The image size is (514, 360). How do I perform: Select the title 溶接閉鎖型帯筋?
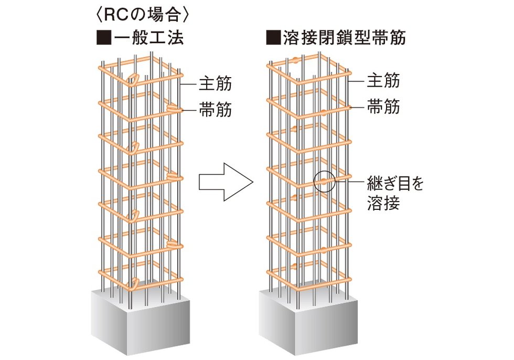coord(343,38)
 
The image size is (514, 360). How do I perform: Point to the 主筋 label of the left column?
coord(215,83)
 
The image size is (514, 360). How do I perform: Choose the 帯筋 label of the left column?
coord(215,110)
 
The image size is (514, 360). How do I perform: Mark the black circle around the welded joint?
coord(324,181)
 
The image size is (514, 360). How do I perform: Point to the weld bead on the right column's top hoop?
coord(297,59)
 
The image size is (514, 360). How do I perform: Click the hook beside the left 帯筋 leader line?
coord(173,108)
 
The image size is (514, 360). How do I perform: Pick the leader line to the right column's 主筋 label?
coord(358,81)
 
